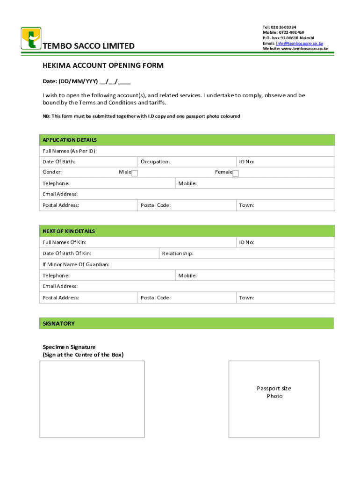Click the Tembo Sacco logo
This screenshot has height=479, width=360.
(31, 38)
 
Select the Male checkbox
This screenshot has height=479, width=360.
(135, 174)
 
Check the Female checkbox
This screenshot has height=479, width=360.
(236, 174)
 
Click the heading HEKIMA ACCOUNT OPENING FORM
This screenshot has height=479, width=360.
(103, 66)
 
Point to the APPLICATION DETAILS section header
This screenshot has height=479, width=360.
(70, 140)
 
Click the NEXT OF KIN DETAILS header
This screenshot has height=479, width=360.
(69, 231)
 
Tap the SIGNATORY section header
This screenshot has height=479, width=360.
(58, 324)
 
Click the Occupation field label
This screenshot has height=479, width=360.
(155, 162)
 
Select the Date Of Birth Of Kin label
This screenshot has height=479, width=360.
(67, 254)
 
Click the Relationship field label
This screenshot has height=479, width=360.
(178, 254)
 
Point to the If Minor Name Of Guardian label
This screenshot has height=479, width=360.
(76, 265)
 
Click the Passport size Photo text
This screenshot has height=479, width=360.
(274, 392)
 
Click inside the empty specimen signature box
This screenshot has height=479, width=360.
(92, 399)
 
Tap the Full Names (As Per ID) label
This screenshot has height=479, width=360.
(70, 151)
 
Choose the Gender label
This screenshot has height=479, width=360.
(52, 172)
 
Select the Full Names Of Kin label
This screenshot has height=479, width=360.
(65, 242)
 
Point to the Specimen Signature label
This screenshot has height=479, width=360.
(69, 347)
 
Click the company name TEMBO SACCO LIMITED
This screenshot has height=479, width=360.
(89, 46)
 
